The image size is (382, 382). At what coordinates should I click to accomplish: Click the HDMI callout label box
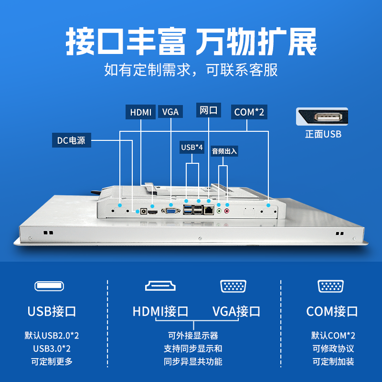[141, 112]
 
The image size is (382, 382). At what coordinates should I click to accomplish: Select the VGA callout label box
[170, 112]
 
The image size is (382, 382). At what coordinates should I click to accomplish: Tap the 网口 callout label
[209, 110]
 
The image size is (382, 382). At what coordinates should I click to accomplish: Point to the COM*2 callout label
[249, 112]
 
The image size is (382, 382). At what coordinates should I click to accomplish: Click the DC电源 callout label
[71, 140]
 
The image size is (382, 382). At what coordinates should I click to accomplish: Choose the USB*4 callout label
[192, 148]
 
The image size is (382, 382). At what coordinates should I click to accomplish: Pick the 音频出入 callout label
[224, 151]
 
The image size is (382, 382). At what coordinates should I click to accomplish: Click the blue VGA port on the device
[170, 210]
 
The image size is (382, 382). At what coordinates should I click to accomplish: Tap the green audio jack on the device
[220, 210]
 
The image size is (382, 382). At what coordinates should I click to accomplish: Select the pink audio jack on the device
[227, 210]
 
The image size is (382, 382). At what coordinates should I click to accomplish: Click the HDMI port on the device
[153, 212]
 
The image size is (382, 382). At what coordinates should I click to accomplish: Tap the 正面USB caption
[323, 134]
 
